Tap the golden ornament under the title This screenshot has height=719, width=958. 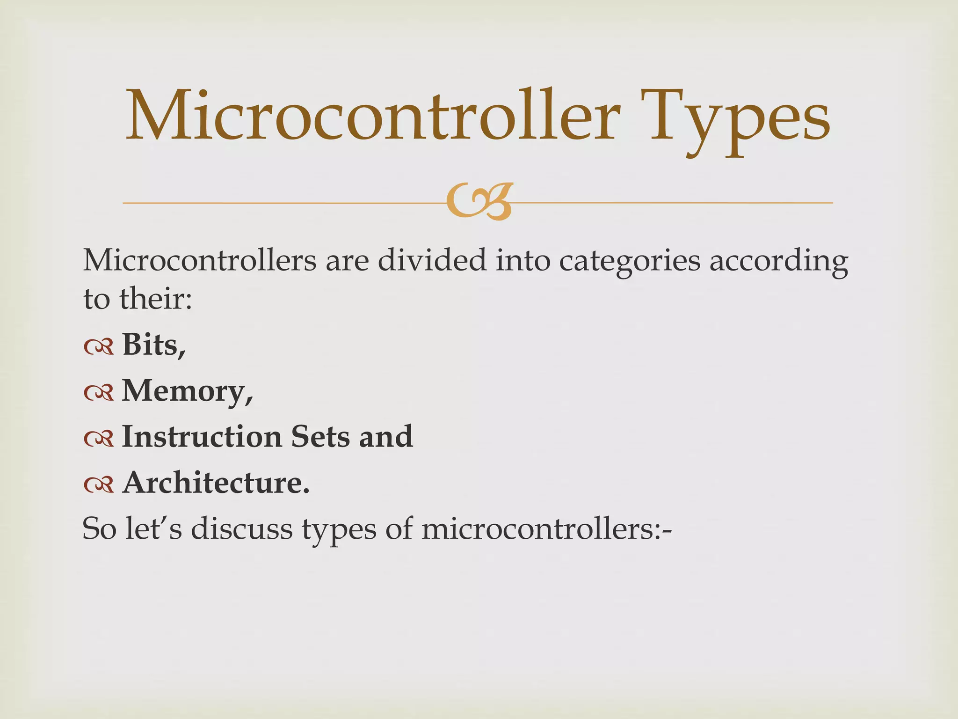[x=480, y=202]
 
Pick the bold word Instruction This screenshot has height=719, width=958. [x=202, y=436]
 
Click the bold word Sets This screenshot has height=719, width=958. [x=320, y=436]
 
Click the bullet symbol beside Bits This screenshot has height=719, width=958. [x=99, y=346]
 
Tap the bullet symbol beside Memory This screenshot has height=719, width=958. [x=99, y=392]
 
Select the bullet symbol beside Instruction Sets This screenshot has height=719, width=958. [x=99, y=438]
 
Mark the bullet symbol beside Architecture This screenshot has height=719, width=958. [x=99, y=484]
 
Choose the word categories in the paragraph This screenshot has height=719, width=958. [x=630, y=261]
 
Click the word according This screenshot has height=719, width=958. [x=778, y=261]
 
